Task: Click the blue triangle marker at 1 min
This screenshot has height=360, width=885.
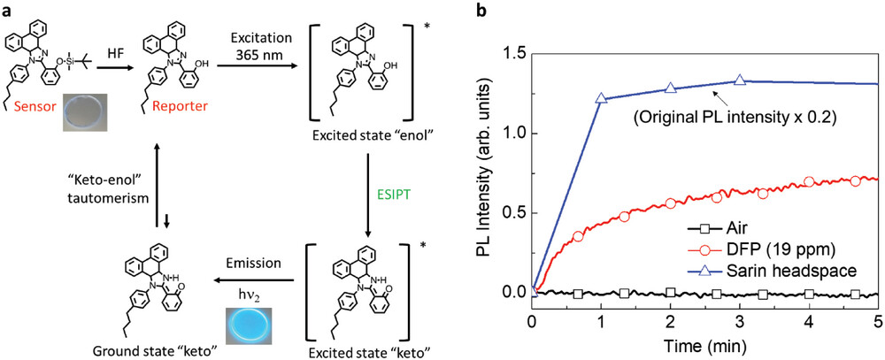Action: pyautogui.click(x=602, y=99)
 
